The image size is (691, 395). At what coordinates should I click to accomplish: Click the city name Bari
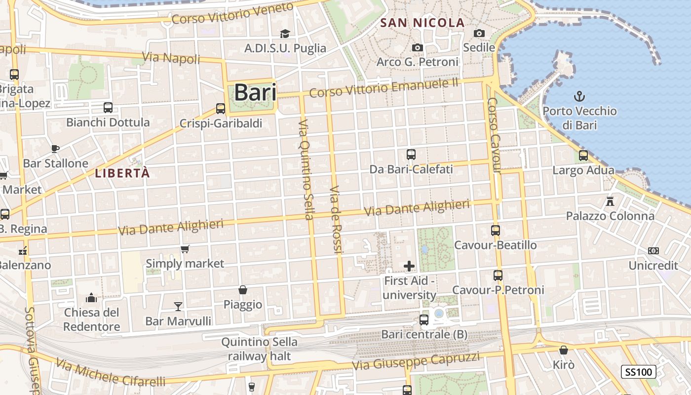tap(255, 92)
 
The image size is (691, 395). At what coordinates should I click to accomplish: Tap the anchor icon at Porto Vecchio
tap(579, 96)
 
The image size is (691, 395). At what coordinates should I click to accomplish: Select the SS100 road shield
tap(638, 372)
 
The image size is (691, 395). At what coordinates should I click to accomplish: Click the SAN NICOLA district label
tap(423, 23)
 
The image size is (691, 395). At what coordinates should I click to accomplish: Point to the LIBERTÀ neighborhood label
tap(122, 173)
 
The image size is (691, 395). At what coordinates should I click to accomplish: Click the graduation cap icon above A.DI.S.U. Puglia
tap(285, 34)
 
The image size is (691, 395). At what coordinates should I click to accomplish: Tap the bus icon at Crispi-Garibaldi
tap(221, 109)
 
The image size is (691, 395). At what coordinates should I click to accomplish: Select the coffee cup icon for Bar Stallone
tap(55, 149)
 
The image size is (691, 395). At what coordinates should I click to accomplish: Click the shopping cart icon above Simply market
tap(185, 249)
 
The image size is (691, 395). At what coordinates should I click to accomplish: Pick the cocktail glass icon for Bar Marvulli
tap(178, 307)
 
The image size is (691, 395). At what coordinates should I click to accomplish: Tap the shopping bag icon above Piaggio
tap(243, 290)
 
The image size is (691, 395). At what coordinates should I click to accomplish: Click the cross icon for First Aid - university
tap(409, 266)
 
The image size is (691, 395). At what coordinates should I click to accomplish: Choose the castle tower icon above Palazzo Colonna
tap(610, 201)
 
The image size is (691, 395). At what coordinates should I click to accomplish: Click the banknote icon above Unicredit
tap(653, 251)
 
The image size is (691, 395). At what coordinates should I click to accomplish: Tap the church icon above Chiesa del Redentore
tap(91, 298)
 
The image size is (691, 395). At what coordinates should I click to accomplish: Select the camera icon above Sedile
tap(479, 33)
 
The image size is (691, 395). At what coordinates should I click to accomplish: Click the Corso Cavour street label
tap(494, 135)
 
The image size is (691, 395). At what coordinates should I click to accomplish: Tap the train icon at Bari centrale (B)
tap(424, 320)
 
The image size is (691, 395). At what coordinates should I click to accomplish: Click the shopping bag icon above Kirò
tap(564, 350)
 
